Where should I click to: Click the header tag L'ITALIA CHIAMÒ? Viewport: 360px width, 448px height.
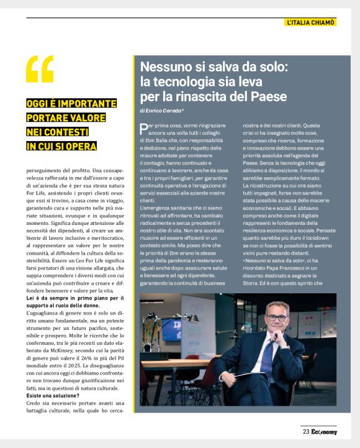coord(310,22)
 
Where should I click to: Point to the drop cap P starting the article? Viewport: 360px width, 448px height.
coord(144,127)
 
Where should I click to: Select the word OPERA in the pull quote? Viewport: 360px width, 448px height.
coord(80,147)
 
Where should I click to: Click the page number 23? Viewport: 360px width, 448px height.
coord(306,432)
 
